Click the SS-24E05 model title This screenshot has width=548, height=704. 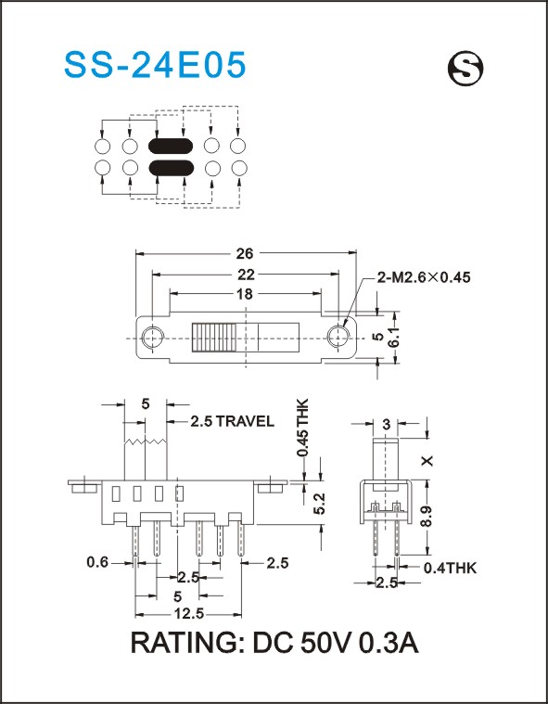point(155,65)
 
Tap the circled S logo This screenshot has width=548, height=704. point(465,69)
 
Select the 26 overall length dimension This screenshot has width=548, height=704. point(245,253)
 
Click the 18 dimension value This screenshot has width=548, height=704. point(245,294)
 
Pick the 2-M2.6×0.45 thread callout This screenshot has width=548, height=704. point(424,277)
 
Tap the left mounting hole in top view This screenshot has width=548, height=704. point(153,338)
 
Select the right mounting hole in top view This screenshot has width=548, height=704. point(338,337)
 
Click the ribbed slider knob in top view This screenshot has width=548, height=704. point(214,337)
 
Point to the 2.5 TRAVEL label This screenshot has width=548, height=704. point(232,421)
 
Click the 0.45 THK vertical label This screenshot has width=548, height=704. point(303,427)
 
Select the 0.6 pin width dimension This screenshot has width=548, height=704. point(98,562)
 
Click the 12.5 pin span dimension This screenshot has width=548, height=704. point(188,613)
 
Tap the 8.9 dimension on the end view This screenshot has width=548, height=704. point(427,517)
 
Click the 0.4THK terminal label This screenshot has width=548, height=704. point(450,569)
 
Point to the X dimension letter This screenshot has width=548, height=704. point(427,460)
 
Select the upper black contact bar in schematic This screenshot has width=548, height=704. point(171,145)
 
